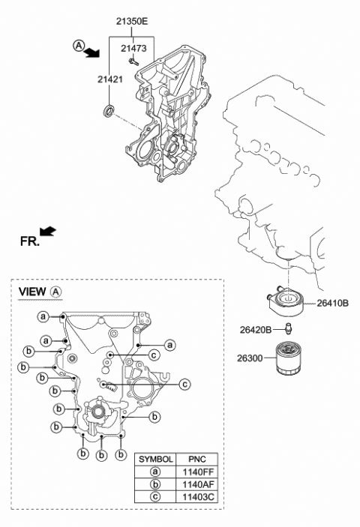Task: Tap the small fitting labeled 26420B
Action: (288, 328)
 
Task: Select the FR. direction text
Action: (28, 241)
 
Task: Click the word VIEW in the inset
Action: (32, 291)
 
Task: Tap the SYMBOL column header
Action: (157, 458)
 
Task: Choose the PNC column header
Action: (198, 458)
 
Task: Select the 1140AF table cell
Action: (198, 486)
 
